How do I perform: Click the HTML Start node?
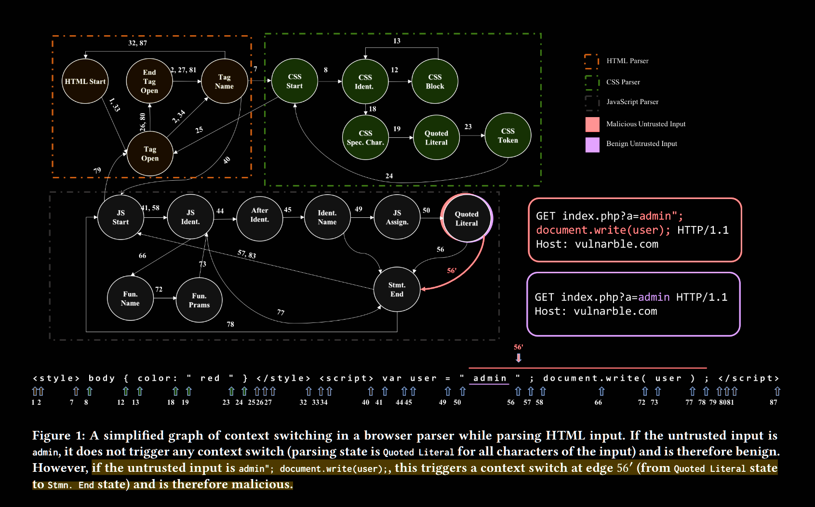85,81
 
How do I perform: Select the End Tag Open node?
149,81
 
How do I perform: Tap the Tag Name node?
224,81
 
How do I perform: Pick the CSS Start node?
294,81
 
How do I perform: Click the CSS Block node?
435,81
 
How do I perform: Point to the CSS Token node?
508,135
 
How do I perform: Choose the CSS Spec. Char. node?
365,138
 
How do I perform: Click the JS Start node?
120,217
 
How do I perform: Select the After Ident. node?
259,215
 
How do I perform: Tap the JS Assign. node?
397,217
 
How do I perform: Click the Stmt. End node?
397,290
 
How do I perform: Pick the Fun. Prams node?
199,300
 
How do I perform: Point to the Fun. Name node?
130,298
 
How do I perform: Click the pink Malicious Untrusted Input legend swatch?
592,124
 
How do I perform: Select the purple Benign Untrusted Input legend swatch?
592,144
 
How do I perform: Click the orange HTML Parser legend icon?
591,61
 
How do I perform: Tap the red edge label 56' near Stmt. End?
452,271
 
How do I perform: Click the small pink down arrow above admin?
519,358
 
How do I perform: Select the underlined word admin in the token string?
490,378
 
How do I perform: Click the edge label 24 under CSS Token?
389,176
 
